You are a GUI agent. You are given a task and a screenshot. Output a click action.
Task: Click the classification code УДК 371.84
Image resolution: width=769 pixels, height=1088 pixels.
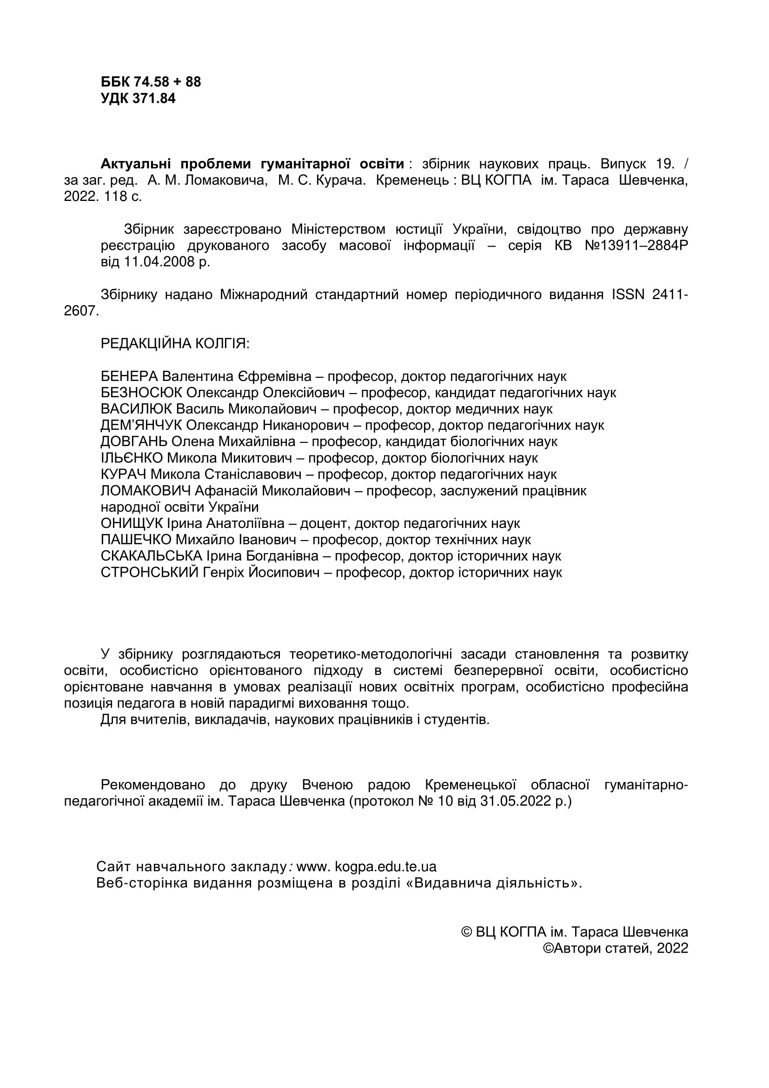pos(138,99)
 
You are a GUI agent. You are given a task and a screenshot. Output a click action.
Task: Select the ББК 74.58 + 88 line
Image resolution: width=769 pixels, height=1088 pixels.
pos(151,82)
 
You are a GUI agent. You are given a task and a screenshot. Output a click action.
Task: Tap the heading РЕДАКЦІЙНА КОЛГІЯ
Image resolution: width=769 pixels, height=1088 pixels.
pos(175,344)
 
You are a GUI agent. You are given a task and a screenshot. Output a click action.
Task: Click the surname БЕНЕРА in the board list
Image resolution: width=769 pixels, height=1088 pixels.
pos(129,377)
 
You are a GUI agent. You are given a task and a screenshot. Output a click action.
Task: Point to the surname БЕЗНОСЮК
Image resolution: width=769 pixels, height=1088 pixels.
pos(141,393)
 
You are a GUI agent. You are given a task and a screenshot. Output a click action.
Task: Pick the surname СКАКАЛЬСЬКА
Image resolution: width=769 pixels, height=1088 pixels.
pos(152,556)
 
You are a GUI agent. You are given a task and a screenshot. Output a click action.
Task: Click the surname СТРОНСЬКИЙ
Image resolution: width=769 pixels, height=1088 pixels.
pos(150,573)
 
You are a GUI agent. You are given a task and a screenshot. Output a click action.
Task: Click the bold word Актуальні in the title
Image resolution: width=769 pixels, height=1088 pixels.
pos(136,164)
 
